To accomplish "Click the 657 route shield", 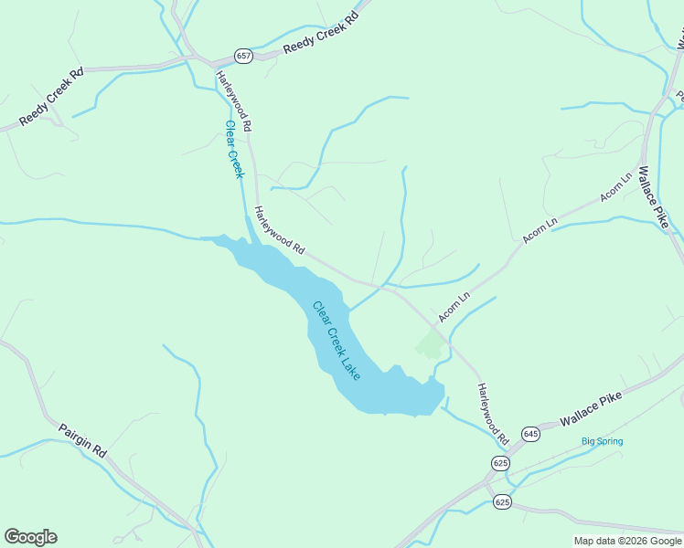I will [243, 56].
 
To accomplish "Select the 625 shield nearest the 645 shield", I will [500, 463].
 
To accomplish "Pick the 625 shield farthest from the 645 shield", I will [502, 502].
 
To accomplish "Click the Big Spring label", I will [603, 442].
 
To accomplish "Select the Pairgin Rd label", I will [83, 439].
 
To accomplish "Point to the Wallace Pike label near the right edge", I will [657, 196].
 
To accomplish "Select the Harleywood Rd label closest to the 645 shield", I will [492, 414].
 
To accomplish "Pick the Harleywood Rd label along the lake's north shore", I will [279, 229].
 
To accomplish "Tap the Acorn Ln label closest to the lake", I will [454, 307].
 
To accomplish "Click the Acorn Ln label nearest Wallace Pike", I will [615, 187].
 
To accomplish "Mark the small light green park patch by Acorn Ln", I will [429, 344].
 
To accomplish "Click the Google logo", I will [30, 537].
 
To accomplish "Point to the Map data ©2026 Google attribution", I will [627, 541].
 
